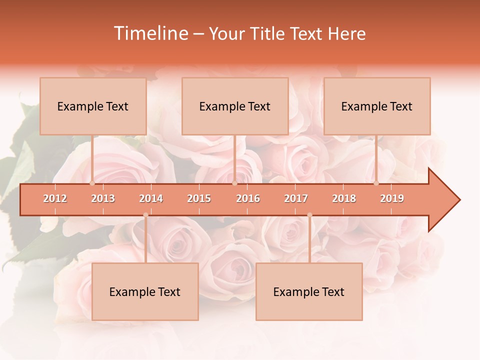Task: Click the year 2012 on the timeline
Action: [55, 198]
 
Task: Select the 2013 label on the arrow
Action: [103, 198]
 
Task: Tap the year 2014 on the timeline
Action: [151, 198]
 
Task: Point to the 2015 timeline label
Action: [199, 198]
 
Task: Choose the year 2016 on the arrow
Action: [248, 198]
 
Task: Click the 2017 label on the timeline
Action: [296, 198]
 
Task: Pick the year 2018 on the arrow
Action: [344, 198]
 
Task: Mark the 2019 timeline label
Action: [392, 198]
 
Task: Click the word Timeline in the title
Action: [150, 33]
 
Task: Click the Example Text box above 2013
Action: [93, 106]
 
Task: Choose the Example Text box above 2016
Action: [235, 106]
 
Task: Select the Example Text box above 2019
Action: [377, 106]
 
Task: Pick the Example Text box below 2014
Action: [145, 291]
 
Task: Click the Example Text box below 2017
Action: [309, 291]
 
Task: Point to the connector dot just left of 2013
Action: [92, 183]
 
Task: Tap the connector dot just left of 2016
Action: [234, 183]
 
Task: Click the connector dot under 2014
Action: [145, 215]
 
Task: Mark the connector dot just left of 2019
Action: [376, 183]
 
